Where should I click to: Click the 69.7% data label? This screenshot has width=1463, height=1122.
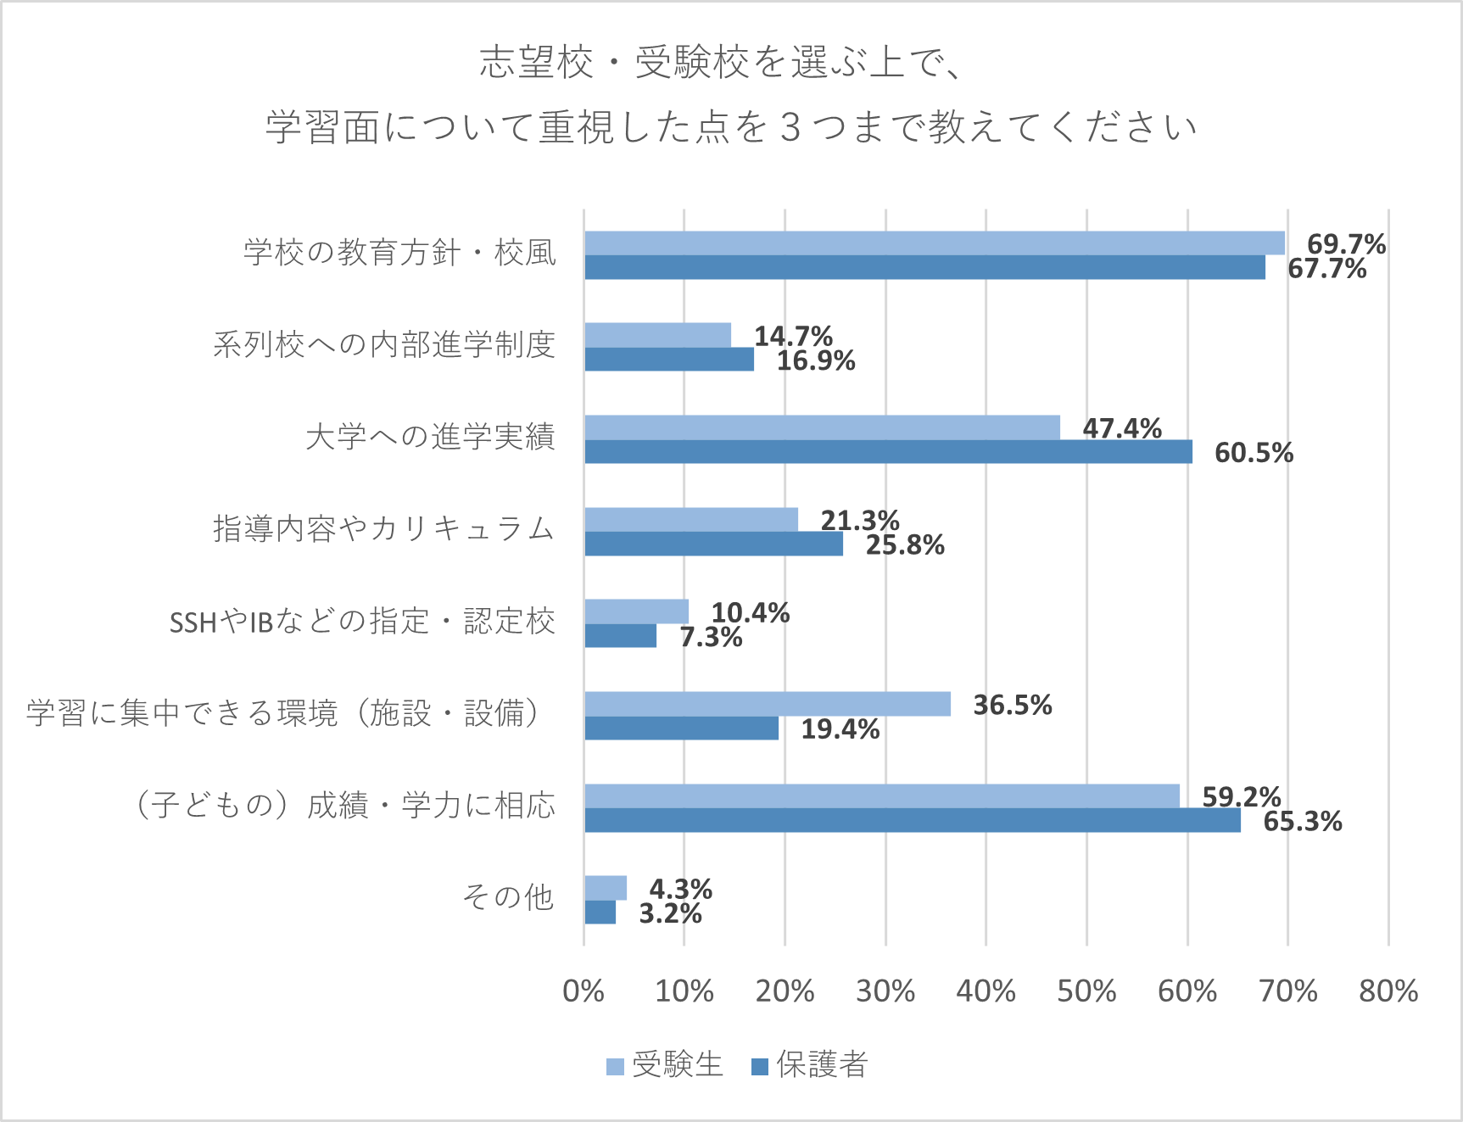click(x=1346, y=244)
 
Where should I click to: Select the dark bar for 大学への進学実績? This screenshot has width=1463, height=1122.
click(x=888, y=452)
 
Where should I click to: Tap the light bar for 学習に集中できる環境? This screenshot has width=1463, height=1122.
click(x=767, y=704)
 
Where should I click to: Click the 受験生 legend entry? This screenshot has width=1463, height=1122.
click(x=666, y=1064)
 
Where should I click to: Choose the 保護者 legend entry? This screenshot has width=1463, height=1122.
click(x=811, y=1064)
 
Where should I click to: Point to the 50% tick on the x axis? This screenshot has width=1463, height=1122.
click(x=1086, y=991)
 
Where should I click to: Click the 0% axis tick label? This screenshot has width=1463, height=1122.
click(x=584, y=991)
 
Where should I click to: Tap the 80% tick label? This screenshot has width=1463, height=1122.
click(x=1388, y=991)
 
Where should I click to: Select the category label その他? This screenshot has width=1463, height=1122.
click(x=508, y=896)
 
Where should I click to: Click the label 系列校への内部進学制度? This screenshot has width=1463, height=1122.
click(x=384, y=344)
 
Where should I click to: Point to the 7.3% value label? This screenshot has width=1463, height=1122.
click(x=711, y=637)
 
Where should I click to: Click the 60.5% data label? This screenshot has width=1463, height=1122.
click(x=1254, y=453)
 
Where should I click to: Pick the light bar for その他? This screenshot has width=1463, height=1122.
click(x=606, y=888)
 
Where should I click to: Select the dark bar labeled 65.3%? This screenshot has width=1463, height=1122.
click(x=912, y=821)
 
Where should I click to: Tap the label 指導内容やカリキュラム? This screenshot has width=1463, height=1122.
click(x=384, y=528)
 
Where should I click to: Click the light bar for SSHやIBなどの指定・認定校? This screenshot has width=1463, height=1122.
click(x=636, y=611)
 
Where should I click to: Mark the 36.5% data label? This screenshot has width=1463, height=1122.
click(x=1012, y=705)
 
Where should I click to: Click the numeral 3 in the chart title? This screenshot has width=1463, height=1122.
click(x=790, y=127)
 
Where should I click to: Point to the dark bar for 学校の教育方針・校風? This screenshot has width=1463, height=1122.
click(x=924, y=268)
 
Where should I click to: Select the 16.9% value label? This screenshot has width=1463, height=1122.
click(x=816, y=361)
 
